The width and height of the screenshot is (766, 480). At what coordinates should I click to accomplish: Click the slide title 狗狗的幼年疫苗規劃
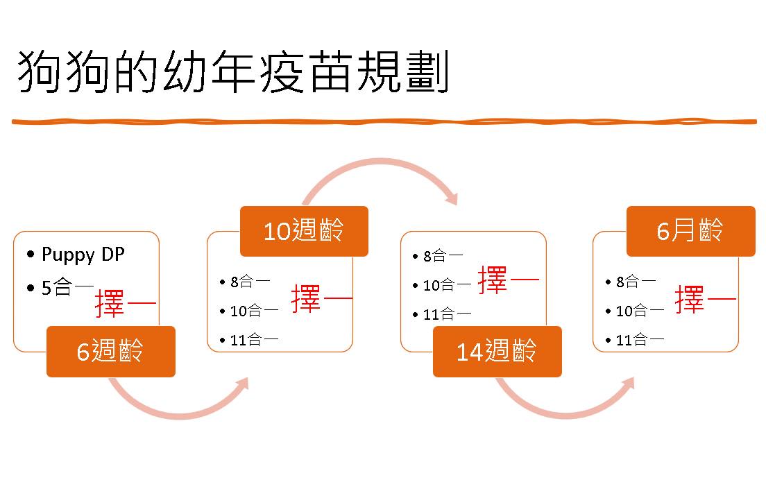(x=233, y=71)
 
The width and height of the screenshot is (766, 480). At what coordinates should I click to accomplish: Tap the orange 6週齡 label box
(x=111, y=352)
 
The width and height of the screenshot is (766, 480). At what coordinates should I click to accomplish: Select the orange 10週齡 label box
(x=304, y=231)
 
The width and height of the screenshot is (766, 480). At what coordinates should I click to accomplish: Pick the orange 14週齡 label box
(x=497, y=352)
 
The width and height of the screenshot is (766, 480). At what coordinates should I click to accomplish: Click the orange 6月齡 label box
(x=691, y=231)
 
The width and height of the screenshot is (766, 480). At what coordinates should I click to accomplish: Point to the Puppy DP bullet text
(x=83, y=255)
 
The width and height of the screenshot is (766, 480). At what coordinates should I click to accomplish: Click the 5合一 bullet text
(x=67, y=287)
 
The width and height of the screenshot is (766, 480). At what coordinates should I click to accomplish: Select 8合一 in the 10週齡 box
(x=250, y=282)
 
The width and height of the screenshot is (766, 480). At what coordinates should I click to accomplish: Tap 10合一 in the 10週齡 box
(x=254, y=311)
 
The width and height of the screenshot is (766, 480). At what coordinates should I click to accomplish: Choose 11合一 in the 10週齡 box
(x=254, y=339)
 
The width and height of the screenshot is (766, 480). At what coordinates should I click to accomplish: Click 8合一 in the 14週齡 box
(x=443, y=256)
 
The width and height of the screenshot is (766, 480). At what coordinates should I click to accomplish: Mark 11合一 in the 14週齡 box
(x=447, y=314)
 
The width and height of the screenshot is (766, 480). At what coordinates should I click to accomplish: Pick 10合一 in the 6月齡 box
(x=640, y=311)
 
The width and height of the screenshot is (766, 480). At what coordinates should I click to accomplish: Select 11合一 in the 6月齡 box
(x=640, y=339)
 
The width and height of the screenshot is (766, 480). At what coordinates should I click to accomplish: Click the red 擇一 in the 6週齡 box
(x=126, y=303)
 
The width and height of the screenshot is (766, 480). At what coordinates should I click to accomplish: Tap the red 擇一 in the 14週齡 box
(x=509, y=280)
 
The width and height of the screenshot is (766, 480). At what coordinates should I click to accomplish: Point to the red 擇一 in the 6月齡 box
(x=706, y=299)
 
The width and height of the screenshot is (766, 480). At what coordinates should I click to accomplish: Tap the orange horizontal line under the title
(x=384, y=121)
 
